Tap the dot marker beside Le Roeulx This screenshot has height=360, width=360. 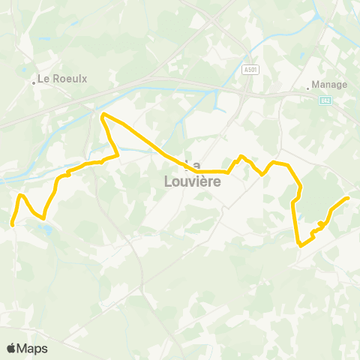click(x=34, y=82)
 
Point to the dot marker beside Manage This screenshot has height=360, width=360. click(x=308, y=88)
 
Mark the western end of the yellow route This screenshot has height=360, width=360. click(x=12, y=223)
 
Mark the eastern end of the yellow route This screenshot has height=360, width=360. click(x=348, y=197)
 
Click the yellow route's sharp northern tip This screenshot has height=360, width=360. click(x=103, y=114)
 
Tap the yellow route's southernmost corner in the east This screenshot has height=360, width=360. click(x=300, y=245)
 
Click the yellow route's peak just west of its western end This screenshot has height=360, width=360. click(x=22, y=195)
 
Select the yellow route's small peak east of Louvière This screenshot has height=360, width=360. click(x=241, y=156)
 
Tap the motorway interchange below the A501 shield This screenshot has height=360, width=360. click(x=245, y=94)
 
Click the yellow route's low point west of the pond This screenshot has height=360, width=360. click(x=43, y=218)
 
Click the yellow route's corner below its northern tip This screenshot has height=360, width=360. click(x=118, y=155)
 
